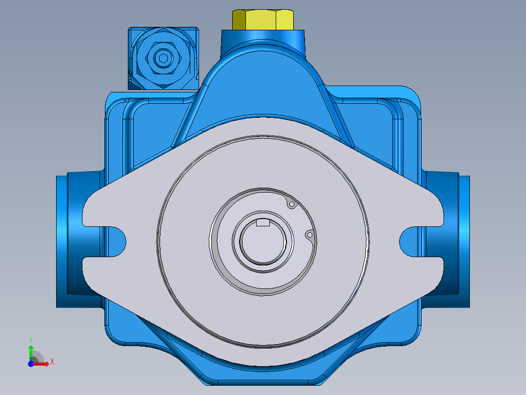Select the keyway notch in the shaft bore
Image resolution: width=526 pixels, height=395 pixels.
263,223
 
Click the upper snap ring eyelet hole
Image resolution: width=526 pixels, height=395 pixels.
292,204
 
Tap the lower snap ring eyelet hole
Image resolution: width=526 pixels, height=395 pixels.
309,235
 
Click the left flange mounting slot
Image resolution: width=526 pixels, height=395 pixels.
117,240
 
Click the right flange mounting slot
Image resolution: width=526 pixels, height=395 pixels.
410,240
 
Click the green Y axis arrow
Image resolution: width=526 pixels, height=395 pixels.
31,351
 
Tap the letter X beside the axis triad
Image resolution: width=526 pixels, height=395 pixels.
52,362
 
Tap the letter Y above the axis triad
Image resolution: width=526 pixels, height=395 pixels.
31,339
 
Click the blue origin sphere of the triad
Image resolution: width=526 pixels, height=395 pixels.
31,363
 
